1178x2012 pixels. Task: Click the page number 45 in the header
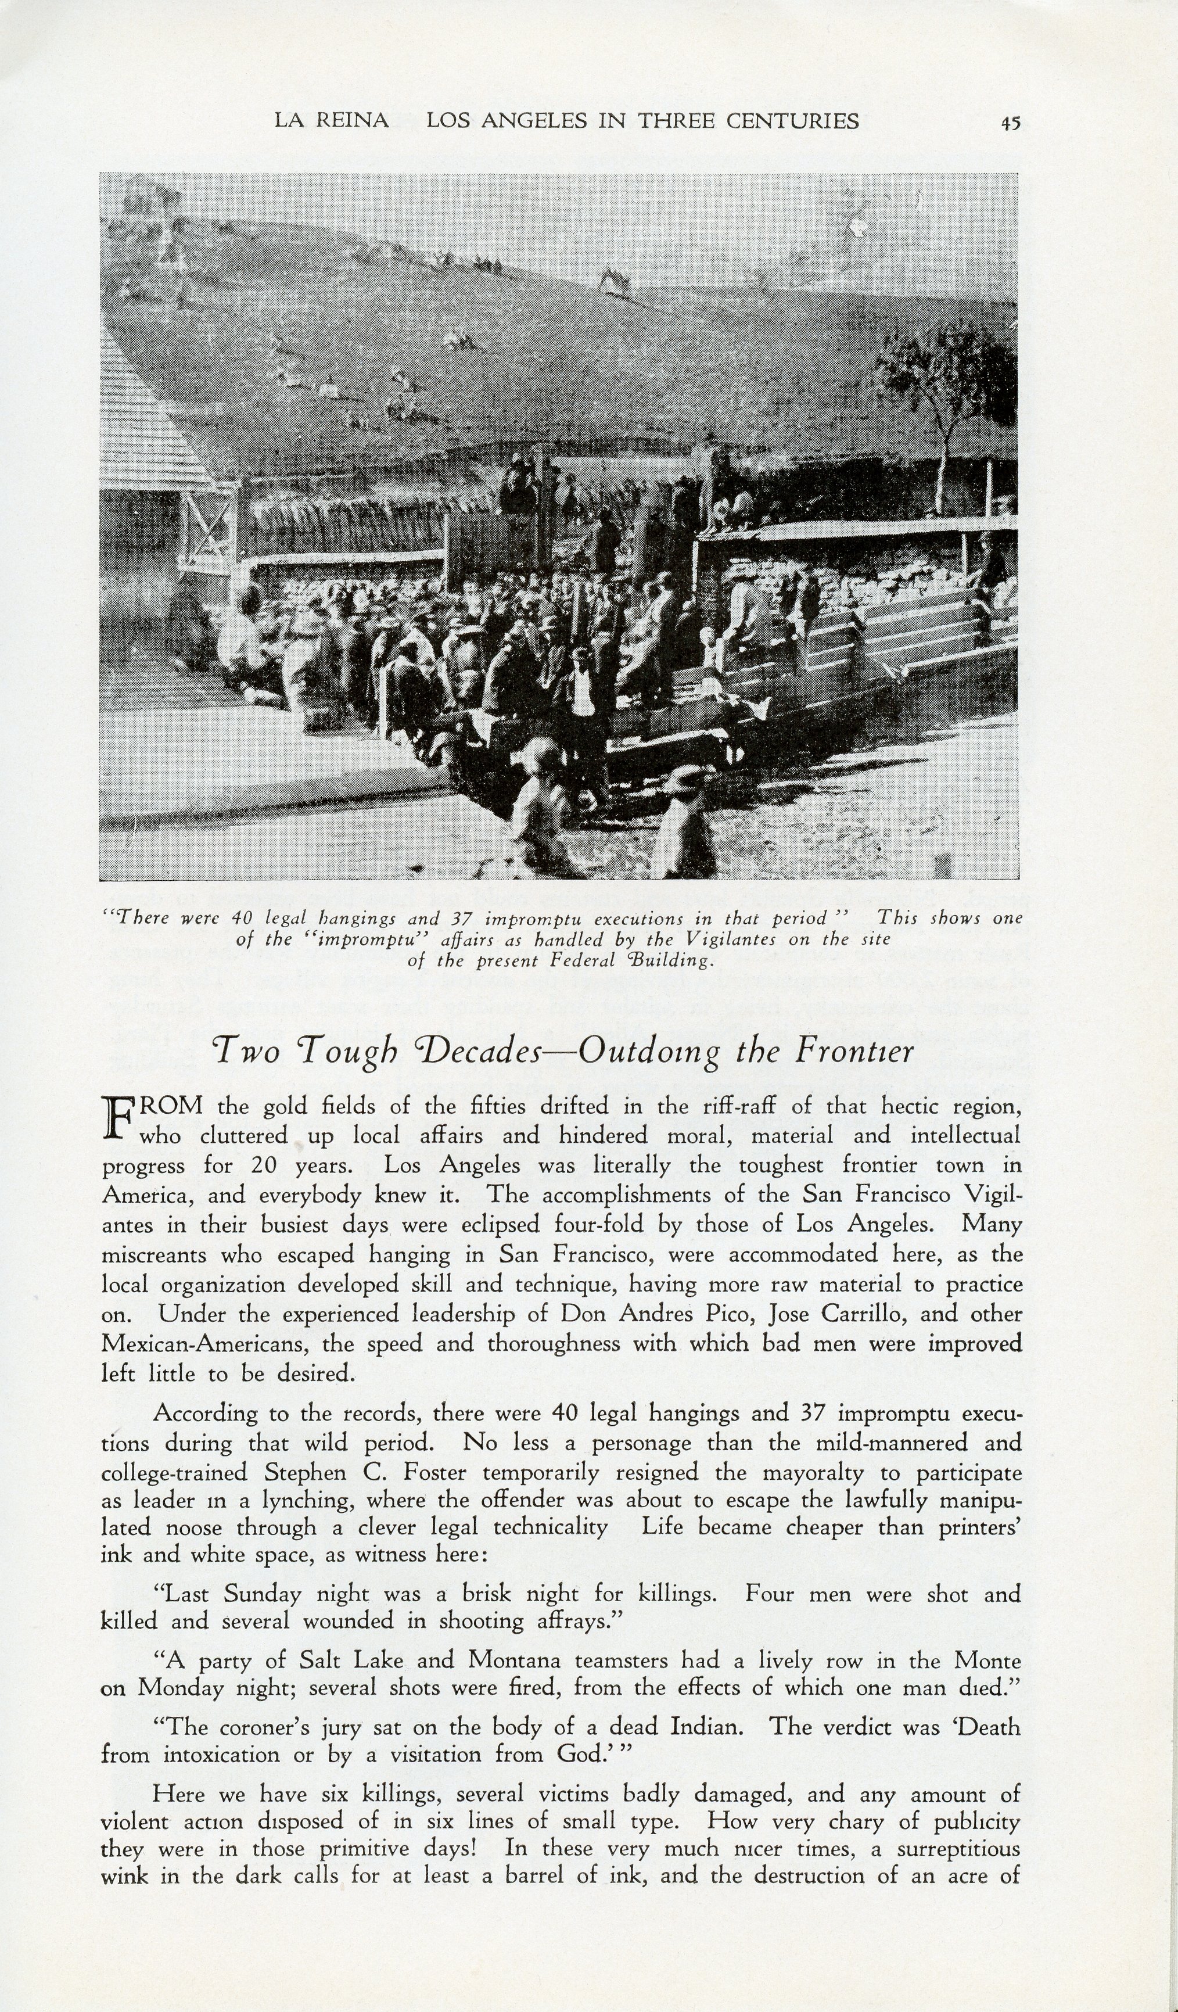point(1011,122)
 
